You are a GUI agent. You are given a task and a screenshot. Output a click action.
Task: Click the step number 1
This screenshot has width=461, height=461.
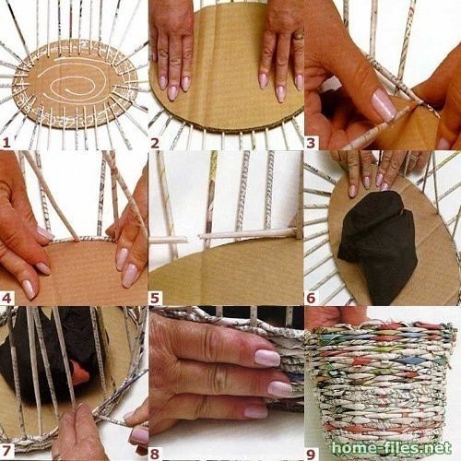(6, 143)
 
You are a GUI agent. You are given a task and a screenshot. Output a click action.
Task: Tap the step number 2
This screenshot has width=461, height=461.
(155, 143)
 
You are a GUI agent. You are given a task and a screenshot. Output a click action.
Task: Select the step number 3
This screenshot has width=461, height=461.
(311, 143)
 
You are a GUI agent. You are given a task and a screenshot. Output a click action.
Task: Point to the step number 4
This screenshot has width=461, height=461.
(6, 298)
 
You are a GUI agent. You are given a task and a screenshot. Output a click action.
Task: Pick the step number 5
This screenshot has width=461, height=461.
(155, 298)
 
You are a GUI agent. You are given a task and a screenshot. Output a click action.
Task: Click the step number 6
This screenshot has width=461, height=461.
(311, 298)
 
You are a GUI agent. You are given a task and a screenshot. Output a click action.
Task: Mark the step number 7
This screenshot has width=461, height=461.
(6, 451)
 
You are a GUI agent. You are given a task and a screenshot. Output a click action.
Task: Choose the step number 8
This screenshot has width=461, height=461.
(155, 453)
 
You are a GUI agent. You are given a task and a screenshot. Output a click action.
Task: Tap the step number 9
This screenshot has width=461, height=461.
(311, 453)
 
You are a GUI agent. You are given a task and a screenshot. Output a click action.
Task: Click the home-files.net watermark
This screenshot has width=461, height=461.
(392, 448)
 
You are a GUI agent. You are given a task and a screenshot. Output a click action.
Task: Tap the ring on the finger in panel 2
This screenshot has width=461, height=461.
(299, 36)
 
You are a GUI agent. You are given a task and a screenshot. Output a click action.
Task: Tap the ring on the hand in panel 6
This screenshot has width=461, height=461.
(414, 158)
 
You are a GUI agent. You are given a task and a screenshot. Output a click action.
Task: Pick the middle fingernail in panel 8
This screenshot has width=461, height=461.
(279, 388)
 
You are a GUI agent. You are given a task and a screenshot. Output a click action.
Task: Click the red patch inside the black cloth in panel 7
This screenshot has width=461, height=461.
(80, 374)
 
